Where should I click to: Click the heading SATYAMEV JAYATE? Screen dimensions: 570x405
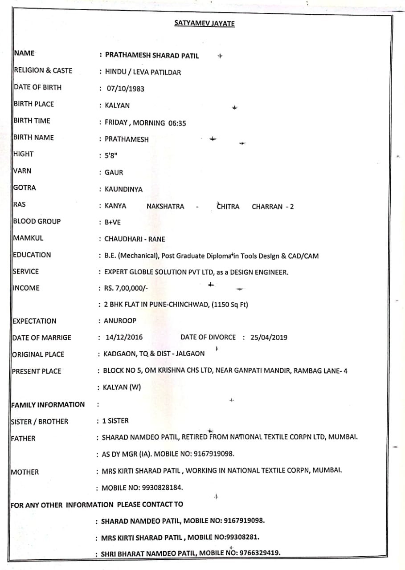(204, 24)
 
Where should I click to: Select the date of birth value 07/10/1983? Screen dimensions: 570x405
(126, 89)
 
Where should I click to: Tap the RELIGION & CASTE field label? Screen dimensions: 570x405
(43, 70)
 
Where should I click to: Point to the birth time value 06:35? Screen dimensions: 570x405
(177, 123)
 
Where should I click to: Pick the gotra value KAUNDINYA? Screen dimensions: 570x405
(123, 190)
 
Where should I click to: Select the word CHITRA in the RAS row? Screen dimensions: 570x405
(228, 207)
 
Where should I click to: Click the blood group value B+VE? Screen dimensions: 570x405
(112, 223)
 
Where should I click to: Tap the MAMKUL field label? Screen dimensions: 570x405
(29, 238)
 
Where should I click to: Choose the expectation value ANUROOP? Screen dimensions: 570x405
(120, 321)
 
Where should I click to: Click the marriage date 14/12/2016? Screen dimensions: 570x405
(124, 338)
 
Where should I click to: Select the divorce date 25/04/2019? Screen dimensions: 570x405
(269, 338)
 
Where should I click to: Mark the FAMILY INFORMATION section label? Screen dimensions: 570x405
(48, 405)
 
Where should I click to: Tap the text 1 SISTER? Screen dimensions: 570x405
(115, 421)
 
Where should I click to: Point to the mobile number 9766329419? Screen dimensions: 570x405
(260, 553)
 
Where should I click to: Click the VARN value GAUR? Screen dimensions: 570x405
(114, 173)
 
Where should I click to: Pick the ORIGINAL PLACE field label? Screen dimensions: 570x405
(38, 354)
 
